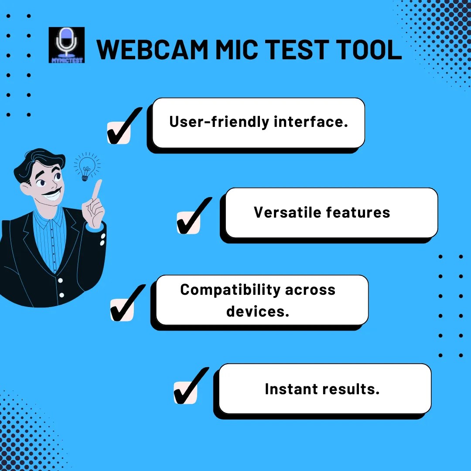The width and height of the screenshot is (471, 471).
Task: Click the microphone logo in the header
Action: point(66,45)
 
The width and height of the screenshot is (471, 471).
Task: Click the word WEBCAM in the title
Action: point(152,50)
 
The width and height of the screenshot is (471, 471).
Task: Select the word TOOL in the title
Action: point(369,50)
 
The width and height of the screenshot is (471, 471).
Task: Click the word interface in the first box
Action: point(311,122)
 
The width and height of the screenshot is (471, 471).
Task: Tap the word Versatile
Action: point(287,212)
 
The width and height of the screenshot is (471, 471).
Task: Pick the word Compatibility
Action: point(230,290)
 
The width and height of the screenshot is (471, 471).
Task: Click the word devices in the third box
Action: point(258,311)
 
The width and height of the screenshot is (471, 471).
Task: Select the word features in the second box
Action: point(358,212)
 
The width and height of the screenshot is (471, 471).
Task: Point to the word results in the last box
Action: point(351,389)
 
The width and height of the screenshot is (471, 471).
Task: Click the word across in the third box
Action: point(310,290)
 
